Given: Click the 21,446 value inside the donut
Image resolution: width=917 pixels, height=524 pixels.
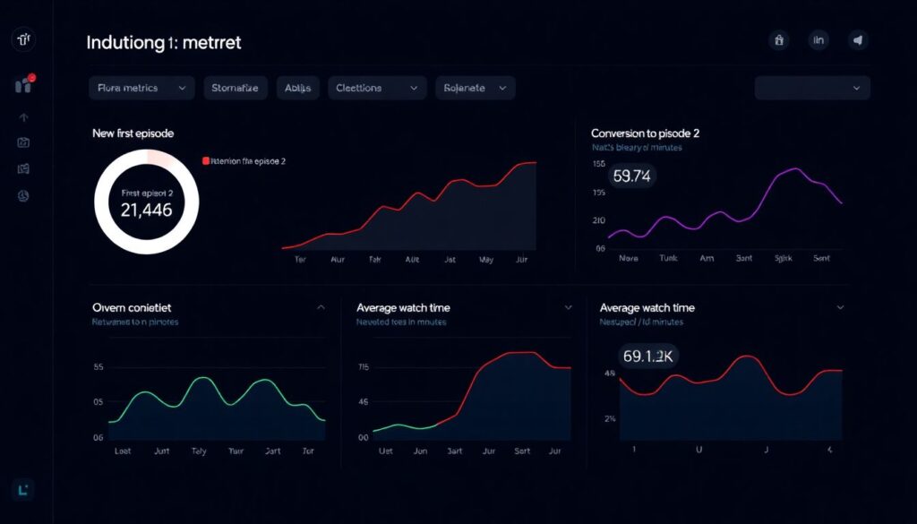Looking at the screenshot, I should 146,210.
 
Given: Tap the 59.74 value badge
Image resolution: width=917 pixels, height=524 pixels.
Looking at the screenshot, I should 630,176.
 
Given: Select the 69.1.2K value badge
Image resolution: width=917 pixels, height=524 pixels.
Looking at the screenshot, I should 648,356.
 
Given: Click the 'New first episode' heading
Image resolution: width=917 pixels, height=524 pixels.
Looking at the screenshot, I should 133,133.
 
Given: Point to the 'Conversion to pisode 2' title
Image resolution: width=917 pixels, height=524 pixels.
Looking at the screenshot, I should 645,133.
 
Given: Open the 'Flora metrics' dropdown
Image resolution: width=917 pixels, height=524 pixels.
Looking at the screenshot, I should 141,88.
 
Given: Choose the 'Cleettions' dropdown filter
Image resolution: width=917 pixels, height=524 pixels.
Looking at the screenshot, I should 376,88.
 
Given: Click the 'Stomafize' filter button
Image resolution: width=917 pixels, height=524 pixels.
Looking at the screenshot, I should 236,88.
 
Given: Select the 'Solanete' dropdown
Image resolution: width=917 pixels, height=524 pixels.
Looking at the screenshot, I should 475,88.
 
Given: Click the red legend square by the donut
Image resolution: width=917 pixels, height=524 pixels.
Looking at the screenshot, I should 206,161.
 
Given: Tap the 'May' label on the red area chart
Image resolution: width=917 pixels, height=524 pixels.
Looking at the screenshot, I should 487,259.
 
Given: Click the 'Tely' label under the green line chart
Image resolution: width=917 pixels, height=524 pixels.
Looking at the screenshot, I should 200,451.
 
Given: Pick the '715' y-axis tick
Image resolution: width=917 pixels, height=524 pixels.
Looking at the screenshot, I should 363,367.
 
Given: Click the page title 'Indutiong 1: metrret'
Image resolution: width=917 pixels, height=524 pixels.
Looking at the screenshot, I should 164,42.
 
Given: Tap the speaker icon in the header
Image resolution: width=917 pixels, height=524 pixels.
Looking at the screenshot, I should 858,39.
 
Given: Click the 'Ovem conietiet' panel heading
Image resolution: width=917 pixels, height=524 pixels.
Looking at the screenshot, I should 133,307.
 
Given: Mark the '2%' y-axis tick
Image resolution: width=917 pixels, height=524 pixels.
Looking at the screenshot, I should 610,418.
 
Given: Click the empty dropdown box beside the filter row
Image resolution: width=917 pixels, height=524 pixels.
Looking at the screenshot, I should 812,88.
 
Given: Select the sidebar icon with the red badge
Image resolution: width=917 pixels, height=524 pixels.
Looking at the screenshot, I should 24,85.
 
